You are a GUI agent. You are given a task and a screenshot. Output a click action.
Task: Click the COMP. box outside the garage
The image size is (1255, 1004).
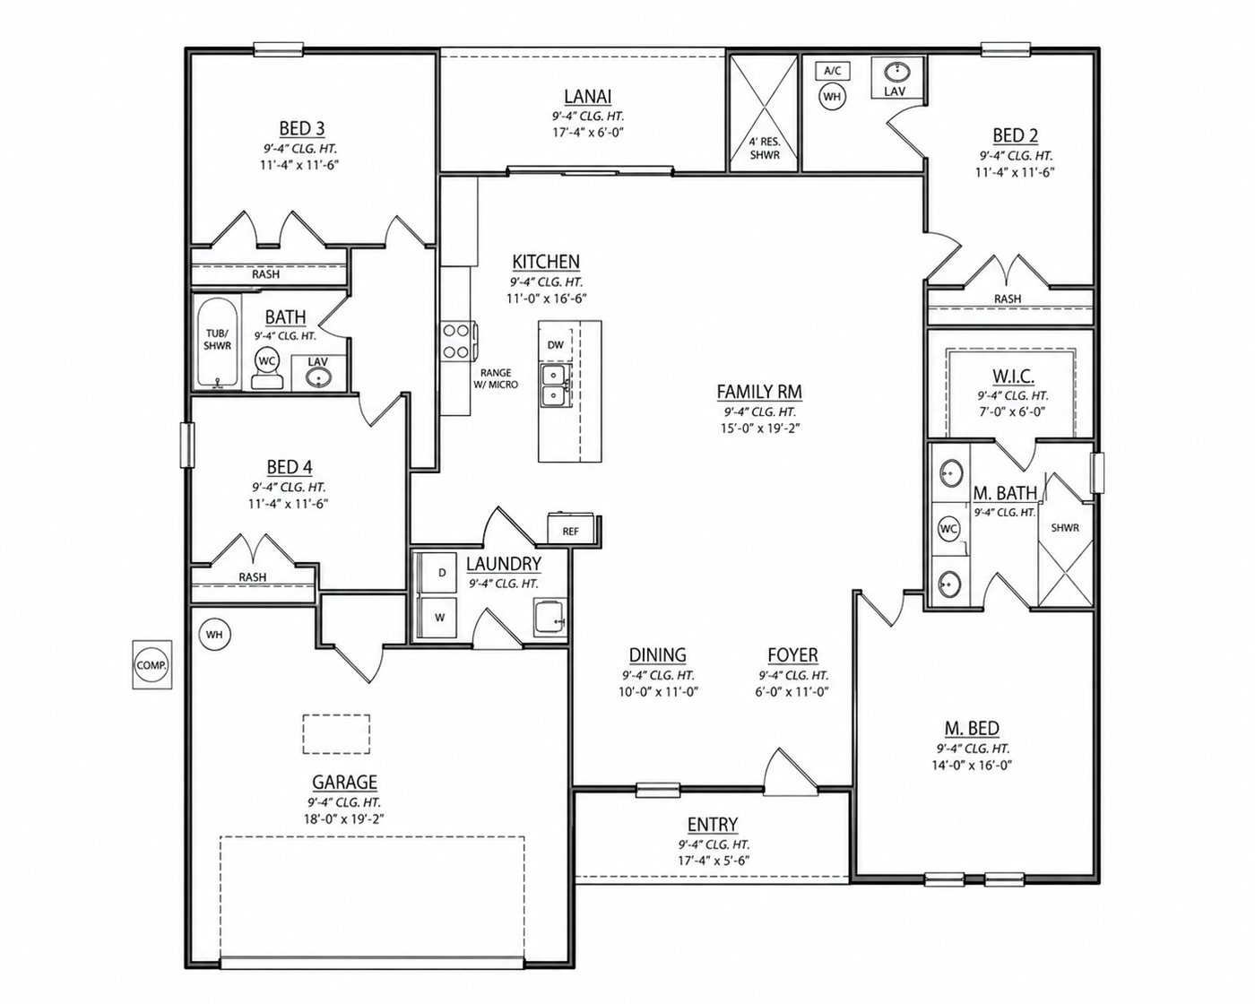152,664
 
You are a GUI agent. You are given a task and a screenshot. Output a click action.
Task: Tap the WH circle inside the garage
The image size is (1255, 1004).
214,635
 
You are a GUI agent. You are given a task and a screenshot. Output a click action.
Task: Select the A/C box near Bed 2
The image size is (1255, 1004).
832,71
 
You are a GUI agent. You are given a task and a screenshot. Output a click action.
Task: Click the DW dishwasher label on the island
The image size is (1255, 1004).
555,345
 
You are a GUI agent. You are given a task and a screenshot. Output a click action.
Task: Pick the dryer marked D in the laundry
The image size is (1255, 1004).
441,573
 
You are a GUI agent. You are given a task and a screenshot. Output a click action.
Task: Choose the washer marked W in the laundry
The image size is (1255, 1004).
440,618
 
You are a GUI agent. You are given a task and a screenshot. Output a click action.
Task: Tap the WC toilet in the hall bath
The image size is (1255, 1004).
267,368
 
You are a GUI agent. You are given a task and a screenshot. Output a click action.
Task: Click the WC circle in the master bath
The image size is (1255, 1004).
948,529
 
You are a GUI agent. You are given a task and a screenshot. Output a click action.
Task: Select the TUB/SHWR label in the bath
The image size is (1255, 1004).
217,340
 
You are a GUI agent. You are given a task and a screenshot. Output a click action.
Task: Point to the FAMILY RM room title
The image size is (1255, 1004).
759,392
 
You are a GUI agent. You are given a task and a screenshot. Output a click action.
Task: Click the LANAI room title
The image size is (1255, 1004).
588,96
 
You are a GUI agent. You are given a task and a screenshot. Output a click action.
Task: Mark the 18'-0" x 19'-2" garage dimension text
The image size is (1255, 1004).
345,819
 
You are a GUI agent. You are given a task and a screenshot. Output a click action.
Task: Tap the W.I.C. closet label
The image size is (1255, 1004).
1013,376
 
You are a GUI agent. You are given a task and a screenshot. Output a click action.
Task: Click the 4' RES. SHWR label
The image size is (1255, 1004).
765,148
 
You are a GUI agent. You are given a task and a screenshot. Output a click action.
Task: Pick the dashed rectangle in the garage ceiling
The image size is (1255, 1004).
336,734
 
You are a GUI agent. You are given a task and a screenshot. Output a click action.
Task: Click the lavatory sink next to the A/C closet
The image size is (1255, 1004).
896,73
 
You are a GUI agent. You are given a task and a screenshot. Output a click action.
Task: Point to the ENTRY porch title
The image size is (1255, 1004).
713,825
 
